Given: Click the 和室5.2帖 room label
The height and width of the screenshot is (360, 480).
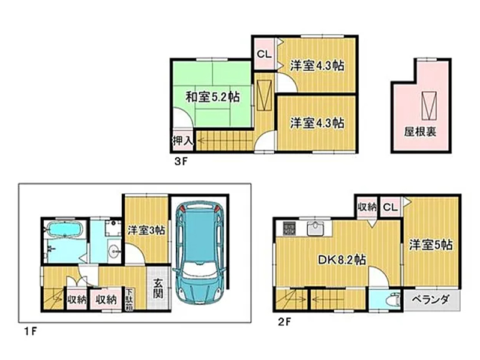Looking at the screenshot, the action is (x=213, y=97).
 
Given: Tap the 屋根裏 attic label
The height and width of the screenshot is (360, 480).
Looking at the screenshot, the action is (x=420, y=132).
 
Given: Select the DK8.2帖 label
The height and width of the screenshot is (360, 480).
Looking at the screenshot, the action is (x=341, y=260).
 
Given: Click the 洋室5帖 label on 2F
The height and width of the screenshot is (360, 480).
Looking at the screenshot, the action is (x=431, y=245).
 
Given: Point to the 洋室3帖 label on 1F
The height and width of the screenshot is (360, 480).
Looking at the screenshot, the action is (x=146, y=230).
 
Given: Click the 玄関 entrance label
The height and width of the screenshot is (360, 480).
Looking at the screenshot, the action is (x=158, y=289).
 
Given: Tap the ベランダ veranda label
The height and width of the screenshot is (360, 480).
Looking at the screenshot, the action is (x=430, y=299).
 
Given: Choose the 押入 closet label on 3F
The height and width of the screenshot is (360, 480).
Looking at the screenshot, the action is (x=183, y=141).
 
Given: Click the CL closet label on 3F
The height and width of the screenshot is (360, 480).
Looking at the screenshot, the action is (x=264, y=55).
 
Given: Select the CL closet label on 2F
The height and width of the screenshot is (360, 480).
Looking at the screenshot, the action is (x=391, y=207).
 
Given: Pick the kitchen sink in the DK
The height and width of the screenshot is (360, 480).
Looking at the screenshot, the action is (x=314, y=228).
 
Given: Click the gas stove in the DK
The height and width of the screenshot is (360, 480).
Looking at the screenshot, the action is (x=289, y=229).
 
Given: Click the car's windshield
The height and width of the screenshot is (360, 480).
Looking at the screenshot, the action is (x=200, y=271).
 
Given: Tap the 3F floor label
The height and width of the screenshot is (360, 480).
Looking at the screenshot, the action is (x=181, y=161).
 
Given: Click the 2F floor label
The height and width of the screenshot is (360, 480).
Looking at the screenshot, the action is (x=284, y=322).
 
